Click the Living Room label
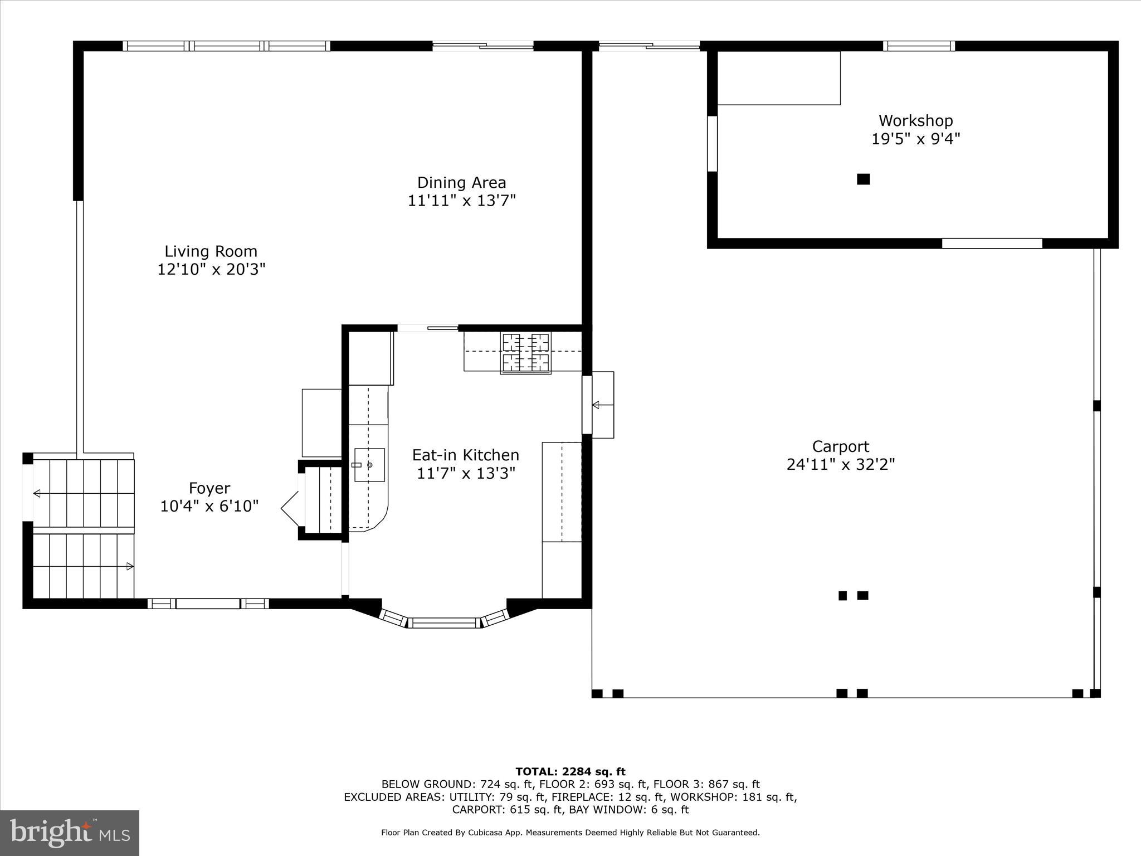tap(211, 251)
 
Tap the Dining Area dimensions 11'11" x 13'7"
tap(461, 201)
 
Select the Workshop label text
tap(915, 120)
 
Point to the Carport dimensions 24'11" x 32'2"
tap(840, 465)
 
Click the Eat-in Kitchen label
tap(465, 455)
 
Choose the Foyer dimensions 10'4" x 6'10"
tap(209, 507)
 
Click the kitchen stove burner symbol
tap(525, 352)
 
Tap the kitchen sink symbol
tap(369, 465)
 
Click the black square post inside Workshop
tap(863, 179)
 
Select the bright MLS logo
tap(70, 833)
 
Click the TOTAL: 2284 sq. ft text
tap(570, 772)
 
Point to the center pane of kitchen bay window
tap(444, 622)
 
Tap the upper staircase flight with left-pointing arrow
tap(84, 493)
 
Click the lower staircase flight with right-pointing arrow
tap(84, 566)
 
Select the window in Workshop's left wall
tap(712, 143)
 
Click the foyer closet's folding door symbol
tap(291, 508)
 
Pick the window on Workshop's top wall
tap(919, 46)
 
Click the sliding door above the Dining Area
tap(483, 46)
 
